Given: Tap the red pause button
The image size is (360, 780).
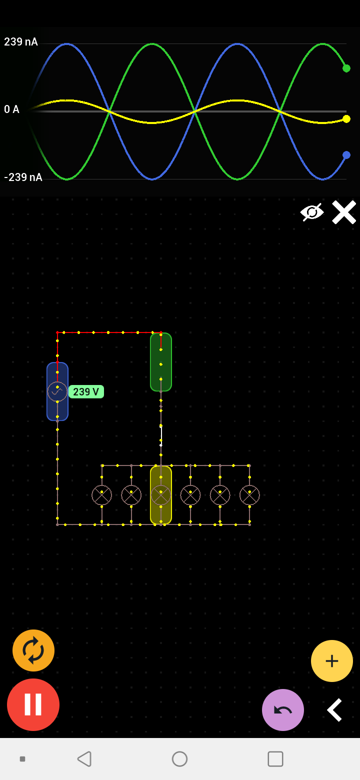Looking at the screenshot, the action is pos(33,704).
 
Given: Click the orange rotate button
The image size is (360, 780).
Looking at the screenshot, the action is pos(33,650).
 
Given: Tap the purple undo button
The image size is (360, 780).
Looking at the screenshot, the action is pos(283,710).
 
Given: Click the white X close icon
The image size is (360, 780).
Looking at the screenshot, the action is pos(344,212).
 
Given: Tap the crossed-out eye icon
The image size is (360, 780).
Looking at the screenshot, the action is pos(312,212).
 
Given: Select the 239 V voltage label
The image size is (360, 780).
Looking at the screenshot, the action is pos(86,391).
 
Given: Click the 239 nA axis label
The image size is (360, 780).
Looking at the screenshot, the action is pos(21,42).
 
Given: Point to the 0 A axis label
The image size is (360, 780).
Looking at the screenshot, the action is pos(12,109).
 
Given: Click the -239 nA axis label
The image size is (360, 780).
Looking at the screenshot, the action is pos(23,177).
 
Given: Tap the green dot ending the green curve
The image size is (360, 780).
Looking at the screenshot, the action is pos(346,68).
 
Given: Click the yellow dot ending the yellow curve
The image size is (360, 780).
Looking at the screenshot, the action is pos(346,119).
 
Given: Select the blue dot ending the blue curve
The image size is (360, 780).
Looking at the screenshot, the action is pos(346,155).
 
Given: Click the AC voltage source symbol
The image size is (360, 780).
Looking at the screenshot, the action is pos(57,391).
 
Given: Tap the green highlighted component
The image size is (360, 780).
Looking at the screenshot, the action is pos(161,362).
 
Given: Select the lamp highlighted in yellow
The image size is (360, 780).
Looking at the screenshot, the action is pos(161,495).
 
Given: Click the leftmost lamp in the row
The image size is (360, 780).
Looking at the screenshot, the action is pos(101,495).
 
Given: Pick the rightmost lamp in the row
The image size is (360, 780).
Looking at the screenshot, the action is pos(249,495).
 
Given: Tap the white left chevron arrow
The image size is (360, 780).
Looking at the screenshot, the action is pos(334,710).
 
